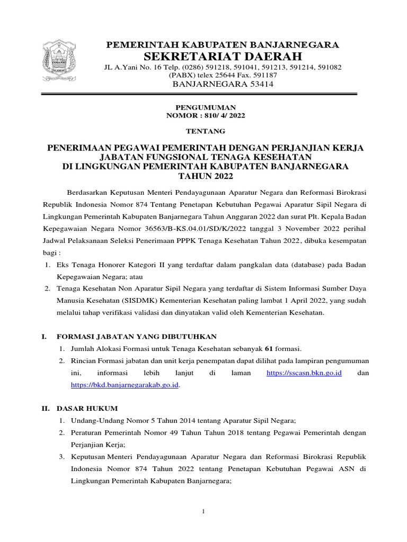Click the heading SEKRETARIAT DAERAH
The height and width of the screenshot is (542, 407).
[x=223, y=57]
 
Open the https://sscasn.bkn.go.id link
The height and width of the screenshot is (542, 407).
[x=304, y=373]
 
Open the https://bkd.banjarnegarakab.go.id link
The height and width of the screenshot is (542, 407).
[x=125, y=385]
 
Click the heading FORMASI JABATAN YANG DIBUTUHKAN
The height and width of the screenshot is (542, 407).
[x=136, y=336]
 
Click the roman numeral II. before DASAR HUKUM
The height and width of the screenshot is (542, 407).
[x=46, y=409]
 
